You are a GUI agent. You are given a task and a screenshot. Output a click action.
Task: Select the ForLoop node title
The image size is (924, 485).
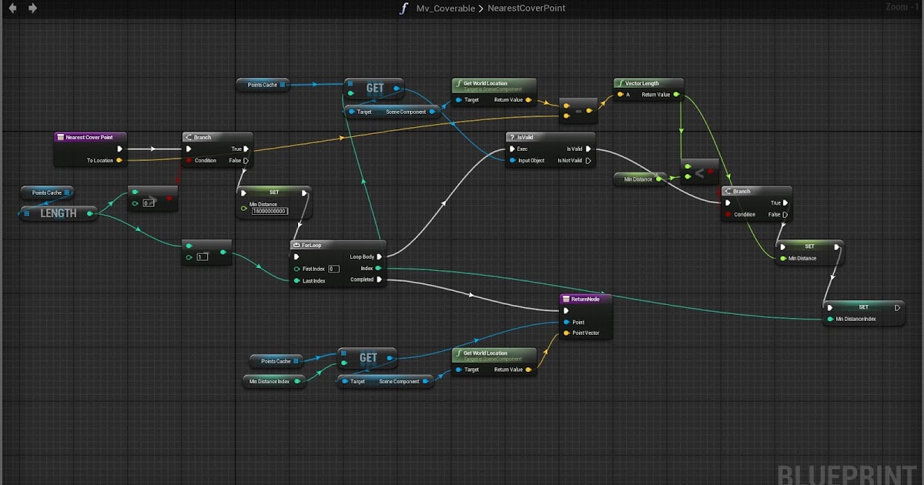[x=311, y=245]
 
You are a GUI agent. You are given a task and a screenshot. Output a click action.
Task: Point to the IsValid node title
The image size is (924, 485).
[x=528, y=137]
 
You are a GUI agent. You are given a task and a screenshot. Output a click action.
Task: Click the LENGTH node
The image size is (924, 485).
[x=59, y=213]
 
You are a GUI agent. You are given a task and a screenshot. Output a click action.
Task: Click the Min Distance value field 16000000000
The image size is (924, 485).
[x=269, y=211]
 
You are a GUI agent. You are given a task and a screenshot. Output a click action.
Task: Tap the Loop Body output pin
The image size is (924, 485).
[x=379, y=256]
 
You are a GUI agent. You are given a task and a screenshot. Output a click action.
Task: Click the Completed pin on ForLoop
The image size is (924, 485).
[x=379, y=279]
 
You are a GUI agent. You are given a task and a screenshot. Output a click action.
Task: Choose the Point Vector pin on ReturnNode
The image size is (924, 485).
[x=567, y=333]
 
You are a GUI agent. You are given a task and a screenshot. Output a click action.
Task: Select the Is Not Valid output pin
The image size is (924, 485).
[x=589, y=161]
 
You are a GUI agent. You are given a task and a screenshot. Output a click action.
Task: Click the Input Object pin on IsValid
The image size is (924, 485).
[x=510, y=161]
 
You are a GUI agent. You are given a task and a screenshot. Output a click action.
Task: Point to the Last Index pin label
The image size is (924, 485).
[x=314, y=281]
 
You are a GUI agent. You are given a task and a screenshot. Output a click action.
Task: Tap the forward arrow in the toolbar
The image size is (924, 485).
[x=32, y=8]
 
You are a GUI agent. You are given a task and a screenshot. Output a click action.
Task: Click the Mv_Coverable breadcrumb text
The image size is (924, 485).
[x=445, y=8]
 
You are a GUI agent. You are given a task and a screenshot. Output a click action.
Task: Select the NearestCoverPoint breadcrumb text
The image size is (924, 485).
[x=527, y=8]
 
